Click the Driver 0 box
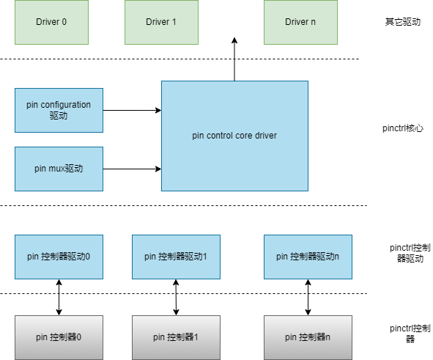click(51, 22)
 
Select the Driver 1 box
click(161, 22)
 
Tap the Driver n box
click(300, 22)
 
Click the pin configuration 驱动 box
click(59, 110)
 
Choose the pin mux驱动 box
click(59, 169)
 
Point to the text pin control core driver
click(234, 136)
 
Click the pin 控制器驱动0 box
click(59, 257)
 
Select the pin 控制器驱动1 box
click(176, 257)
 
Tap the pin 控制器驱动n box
click(308, 257)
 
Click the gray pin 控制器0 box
click(59, 337)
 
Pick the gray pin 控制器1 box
click(176, 337)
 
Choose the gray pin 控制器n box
click(308, 337)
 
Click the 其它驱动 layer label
click(403, 22)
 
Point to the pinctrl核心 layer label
click(403, 128)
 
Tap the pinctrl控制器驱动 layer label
click(410, 253)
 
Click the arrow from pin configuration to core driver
click(133, 110)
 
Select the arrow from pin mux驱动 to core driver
click(133, 169)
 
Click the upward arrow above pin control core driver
click(234, 59)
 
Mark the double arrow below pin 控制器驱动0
click(59, 297)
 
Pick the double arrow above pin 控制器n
click(308, 297)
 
